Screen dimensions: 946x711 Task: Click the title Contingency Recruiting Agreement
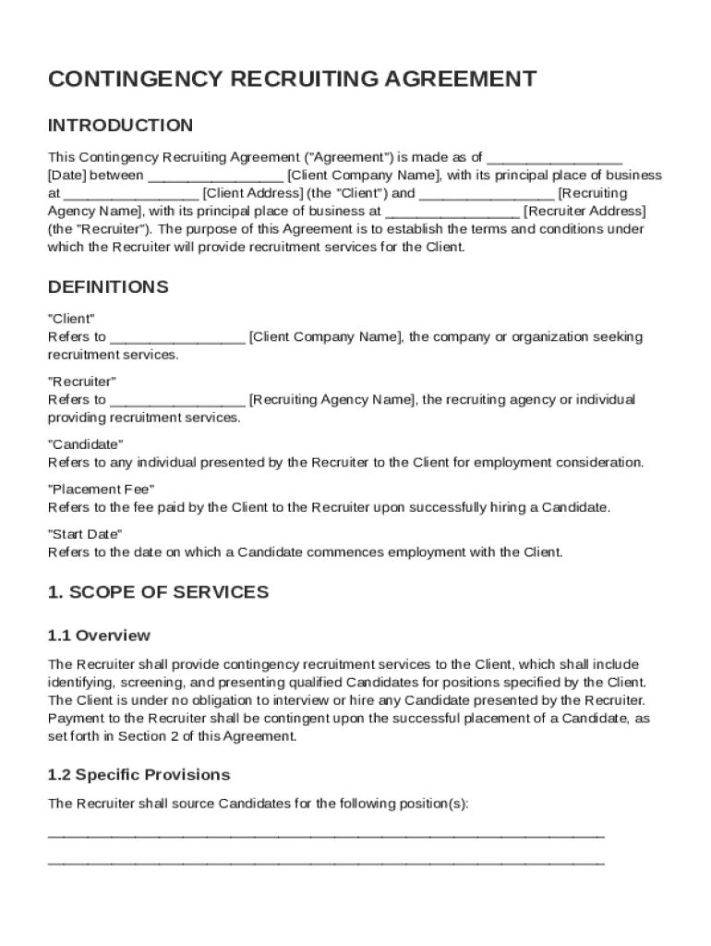click(x=292, y=79)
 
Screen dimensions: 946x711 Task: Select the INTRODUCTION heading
click(x=120, y=126)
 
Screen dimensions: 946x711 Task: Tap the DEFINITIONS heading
click(x=108, y=287)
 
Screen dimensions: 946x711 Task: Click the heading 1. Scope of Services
click(x=158, y=592)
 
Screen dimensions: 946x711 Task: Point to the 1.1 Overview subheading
click(x=99, y=636)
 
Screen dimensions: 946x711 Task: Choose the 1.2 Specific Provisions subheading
click(x=139, y=774)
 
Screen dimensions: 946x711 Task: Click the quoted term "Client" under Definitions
click(x=71, y=319)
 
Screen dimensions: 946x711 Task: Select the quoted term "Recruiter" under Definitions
click(x=81, y=382)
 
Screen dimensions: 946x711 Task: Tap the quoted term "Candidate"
click(x=85, y=444)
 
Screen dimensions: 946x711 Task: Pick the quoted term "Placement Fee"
click(x=101, y=489)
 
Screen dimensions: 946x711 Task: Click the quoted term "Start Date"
click(x=84, y=534)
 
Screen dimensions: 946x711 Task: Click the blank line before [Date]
click(x=554, y=158)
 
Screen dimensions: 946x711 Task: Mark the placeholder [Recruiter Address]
click(x=584, y=211)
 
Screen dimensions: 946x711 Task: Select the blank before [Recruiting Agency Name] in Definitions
click(x=177, y=400)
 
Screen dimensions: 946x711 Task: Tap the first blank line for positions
click(x=326, y=834)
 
